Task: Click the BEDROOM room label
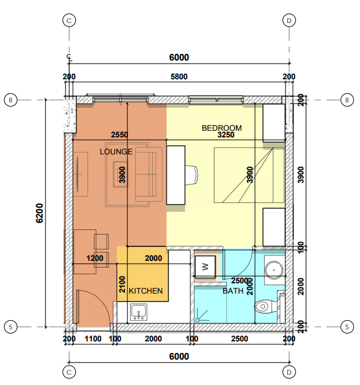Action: (222, 128)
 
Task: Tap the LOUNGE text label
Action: (116, 151)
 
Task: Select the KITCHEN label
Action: (145, 291)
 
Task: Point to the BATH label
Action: (233, 291)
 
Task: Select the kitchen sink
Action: (139, 312)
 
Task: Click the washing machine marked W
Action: (205, 266)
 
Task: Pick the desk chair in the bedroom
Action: (192, 175)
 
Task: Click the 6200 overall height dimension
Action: (39, 213)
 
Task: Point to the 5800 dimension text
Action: (179, 77)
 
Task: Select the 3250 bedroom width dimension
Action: (225, 134)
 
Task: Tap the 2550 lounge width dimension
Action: (119, 134)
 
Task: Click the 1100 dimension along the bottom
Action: (93, 339)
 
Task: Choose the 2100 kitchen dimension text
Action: (122, 285)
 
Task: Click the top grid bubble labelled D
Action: (289, 21)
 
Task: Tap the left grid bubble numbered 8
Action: (10, 100)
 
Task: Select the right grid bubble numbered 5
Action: (347, 327)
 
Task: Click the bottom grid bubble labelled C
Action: (69, 372)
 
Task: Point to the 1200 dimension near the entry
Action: (95, 258)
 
